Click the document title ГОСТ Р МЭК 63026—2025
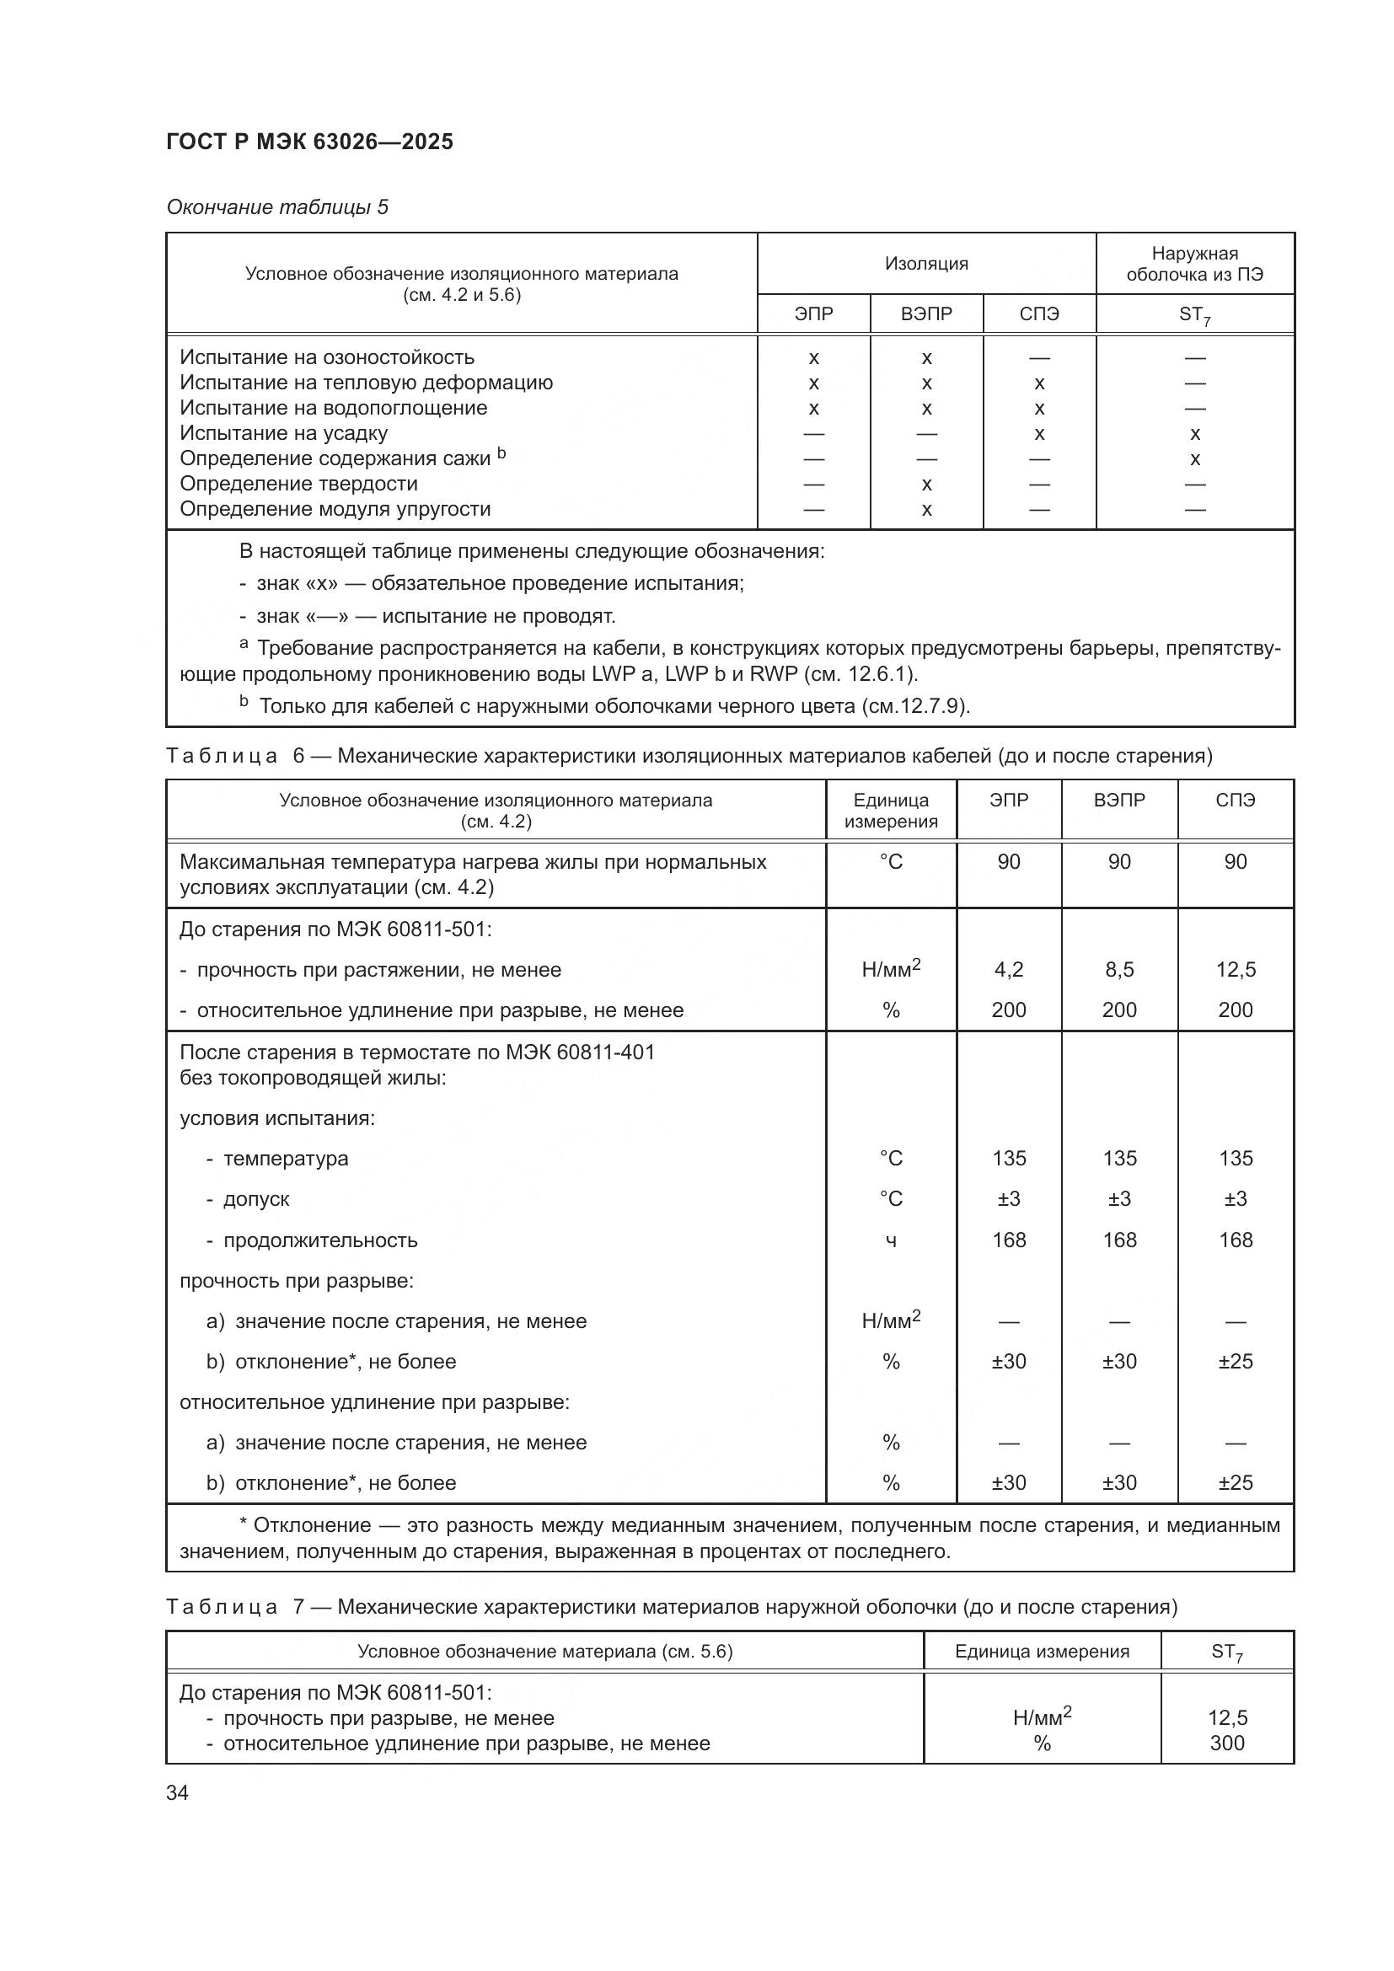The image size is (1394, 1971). [x=310, y=142]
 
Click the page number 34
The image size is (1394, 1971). [x=178, y=1793]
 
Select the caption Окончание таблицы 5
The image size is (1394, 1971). [x=277, y=207]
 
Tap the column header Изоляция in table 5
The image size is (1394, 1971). [x=926, y=264]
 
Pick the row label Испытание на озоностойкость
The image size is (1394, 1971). [x=327, y=357]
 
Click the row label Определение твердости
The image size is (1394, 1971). [x=298, y=485]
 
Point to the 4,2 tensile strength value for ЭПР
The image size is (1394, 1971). [x=1009, y=970]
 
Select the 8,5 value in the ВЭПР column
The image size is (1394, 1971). [x=1119, y=970]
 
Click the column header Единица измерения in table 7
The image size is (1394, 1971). [x=1042, y=1652]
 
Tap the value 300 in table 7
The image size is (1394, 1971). [x=1226, y=1743]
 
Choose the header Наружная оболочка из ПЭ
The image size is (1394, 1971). [x=1195, y=264]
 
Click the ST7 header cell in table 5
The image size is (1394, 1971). [x=1195, y=315]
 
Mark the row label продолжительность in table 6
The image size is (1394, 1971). [x=320, y=1240]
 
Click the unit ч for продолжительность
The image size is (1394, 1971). [x=891, y=1240]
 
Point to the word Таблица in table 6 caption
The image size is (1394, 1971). [x=223, y=756]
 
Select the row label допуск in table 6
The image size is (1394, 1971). [x=256, y=1199]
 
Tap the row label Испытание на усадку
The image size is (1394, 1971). [x=284, y=433]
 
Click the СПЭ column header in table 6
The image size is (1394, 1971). [x=1236, y=800]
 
